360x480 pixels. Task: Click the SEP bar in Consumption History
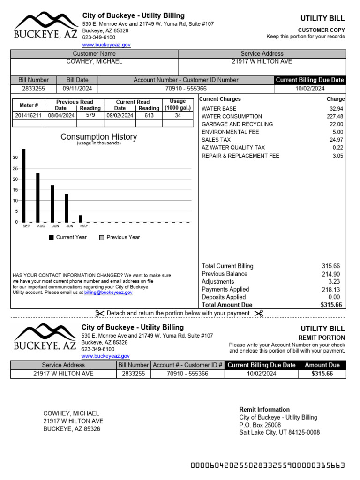coord(24,186)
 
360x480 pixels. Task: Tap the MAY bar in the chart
coord(81,219)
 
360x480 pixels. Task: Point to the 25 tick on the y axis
coord(15,169)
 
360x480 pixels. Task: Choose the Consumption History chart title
coord(98,137)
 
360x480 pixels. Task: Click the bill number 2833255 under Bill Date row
coord(34,89)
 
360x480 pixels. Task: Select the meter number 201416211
coord(28,115)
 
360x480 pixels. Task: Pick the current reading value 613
coord(149,115)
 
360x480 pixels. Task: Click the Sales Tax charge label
coord(216,140)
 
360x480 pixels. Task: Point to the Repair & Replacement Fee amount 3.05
coord(337,156)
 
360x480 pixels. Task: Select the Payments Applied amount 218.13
coord(331,290)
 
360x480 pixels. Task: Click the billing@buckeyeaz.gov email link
coord(108,292)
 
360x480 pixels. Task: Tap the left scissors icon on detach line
coord(99,313)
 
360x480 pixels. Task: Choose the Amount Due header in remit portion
coord(322,365)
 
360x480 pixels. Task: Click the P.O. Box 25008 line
coord(260,425)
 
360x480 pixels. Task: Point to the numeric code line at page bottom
coord(268,465)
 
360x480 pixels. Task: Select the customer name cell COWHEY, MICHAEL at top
coord(94,61)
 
